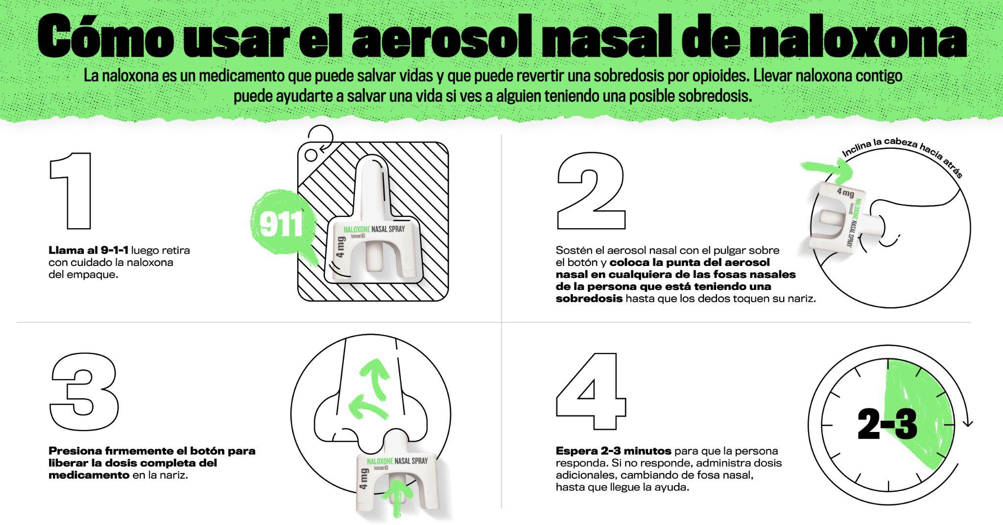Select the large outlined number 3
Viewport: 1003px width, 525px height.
tap(84, 391)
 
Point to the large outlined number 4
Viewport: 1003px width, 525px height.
tap(591, 391)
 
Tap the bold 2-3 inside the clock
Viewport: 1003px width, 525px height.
tap(887, 424)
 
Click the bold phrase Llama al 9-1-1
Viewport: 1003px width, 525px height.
tap(88, 250)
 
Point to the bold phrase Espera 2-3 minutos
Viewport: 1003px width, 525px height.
tap(613, 451)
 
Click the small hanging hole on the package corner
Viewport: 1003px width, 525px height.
tap(311, 155)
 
